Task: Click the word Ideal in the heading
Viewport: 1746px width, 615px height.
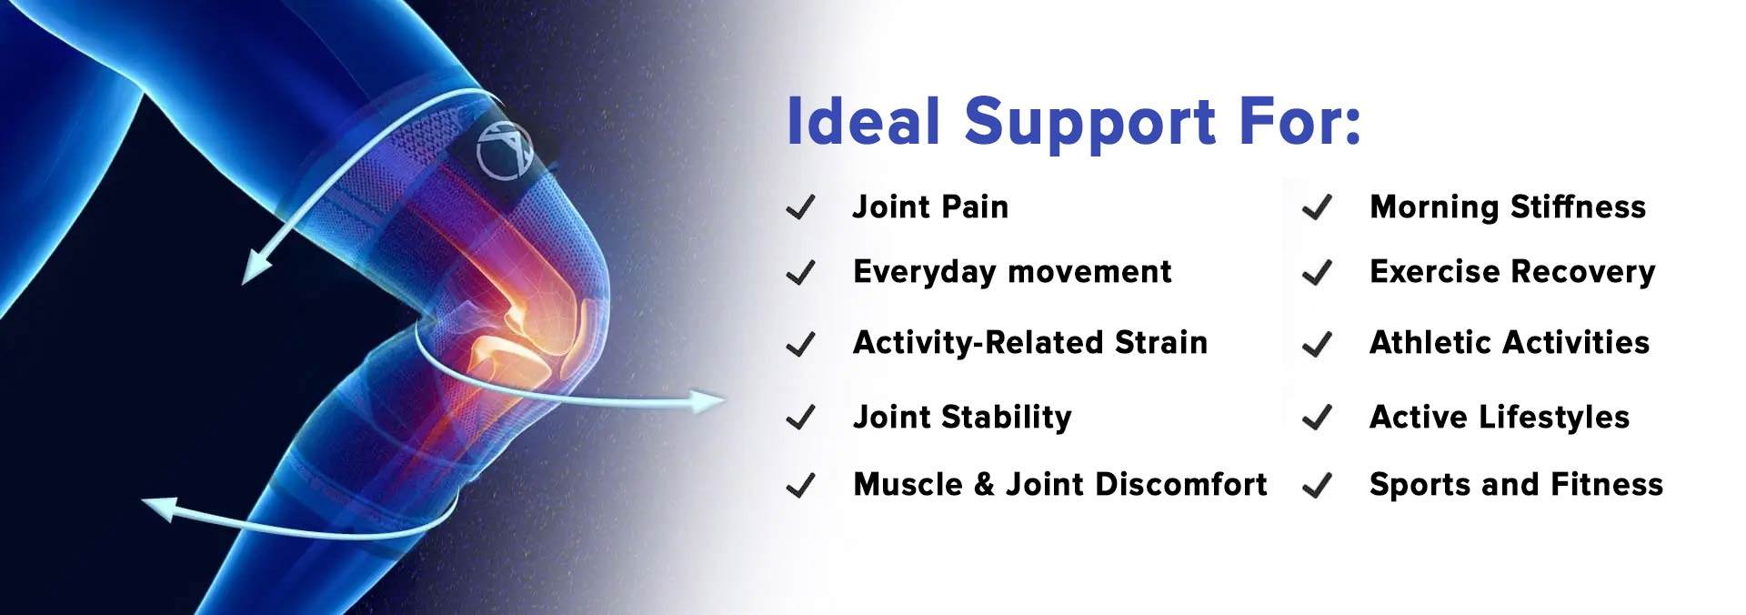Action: coord(864,121)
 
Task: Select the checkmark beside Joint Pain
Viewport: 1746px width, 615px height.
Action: coord(800,208)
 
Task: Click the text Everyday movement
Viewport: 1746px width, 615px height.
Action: coord(1012,273)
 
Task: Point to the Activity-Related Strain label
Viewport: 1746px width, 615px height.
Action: coord(1030,343)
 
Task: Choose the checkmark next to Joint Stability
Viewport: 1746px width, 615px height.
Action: coord(800,418)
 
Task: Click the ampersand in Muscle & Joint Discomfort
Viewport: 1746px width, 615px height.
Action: coord(984,484)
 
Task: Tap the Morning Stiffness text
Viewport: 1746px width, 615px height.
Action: coord(1508,207)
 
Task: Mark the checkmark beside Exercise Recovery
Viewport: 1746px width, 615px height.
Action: coord(1317,273)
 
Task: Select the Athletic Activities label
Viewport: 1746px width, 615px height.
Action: coord(1510,343)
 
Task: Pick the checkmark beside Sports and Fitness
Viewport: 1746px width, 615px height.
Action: coord(1317,486)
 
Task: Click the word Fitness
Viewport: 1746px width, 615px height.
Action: coord(1607,484)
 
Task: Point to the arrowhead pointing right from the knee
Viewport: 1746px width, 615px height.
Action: coord(706,400)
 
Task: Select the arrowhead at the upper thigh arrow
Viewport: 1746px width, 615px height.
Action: coord(256,267)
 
